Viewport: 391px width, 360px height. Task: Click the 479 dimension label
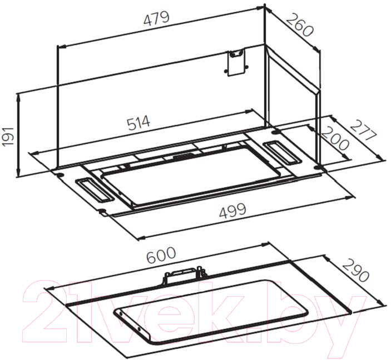[157, 18]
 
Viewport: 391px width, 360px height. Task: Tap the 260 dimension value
[299, 25]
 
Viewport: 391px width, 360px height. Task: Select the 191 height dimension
[8, 137]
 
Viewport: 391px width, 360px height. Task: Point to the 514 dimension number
[138, 123]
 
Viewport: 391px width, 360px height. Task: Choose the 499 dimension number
[232, 211]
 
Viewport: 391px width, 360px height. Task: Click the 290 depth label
[355, 271]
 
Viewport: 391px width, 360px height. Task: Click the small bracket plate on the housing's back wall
[236, 63]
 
